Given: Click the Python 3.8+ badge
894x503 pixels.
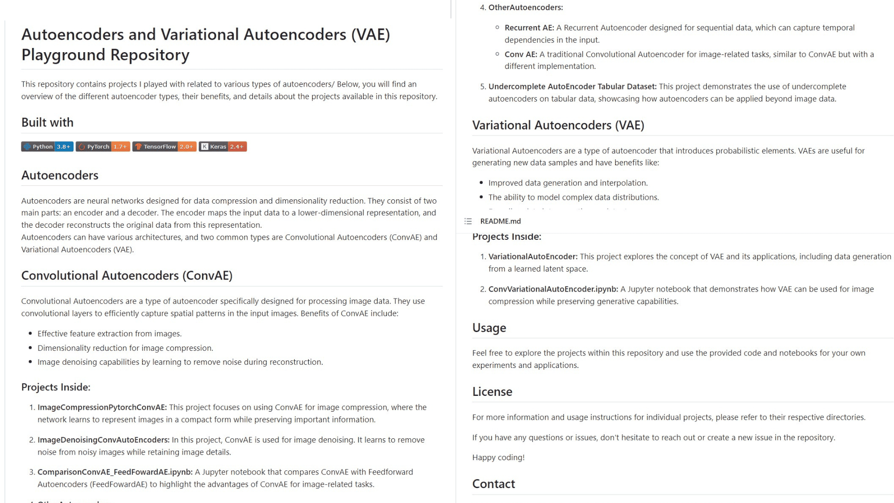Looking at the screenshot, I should pos(47,147).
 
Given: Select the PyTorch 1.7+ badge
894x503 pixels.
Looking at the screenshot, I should pos(103,147).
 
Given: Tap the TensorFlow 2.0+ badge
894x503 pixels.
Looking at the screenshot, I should pos(164,147).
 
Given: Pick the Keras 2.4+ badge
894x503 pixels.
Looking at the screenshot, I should pos(223,147).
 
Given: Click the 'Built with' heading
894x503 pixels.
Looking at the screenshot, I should pos(47,122).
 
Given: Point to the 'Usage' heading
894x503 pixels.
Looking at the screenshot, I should pos(489,328).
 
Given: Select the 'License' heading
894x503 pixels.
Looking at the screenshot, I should pos(492,392).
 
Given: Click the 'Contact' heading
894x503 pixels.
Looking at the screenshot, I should pos(494,484).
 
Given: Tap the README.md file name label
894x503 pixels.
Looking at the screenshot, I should pos(501,221).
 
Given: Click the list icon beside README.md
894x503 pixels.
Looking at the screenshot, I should pos(468,221).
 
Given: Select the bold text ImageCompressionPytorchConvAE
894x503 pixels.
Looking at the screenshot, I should pos(102,408).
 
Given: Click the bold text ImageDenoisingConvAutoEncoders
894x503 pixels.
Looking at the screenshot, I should pos(103,440).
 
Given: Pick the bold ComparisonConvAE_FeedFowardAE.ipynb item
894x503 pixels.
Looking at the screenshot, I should pos(115,472).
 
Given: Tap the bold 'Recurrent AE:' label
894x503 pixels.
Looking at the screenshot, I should pos(529,28).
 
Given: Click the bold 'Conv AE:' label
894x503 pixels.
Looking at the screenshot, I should pos(521,54).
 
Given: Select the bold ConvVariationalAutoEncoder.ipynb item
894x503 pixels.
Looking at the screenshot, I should pos(553,289).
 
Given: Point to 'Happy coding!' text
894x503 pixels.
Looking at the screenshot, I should pos(498,457).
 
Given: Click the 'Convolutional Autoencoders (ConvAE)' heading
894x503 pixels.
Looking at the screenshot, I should pos(127,276).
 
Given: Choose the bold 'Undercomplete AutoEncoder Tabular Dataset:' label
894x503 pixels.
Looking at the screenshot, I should pos(572,87).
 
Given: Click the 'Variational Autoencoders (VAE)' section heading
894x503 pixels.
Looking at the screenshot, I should pos(558,125).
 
